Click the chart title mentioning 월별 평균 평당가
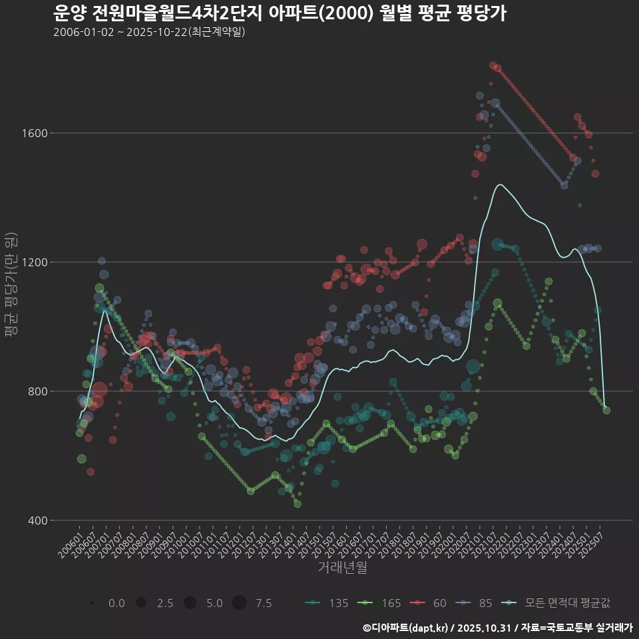pyautogui.click(x=280, y=13)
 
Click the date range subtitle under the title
pyautogui.click(x=149, y=32)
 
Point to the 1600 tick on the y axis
pyautogui.click(x=34, y=133)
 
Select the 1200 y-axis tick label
pyautogui.click(x=34, y=262)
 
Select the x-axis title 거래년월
pyautogui.click(x=341, y=567)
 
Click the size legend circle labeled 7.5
pyautogui.click(x=239, y=603)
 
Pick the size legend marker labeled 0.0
pyautogui.click(x=92, y=603)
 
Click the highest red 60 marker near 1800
pyautogui.click(x=493, y=65)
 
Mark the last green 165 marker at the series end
pyautogui.click(x=606, y=410)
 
